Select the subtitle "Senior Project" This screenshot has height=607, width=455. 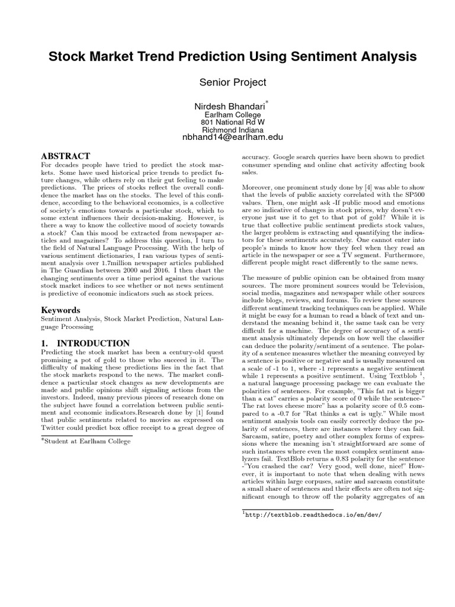(x=227, y=82)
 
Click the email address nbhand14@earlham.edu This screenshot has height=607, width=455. (x=227, y=137)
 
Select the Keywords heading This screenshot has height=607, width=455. (x=60, y=309)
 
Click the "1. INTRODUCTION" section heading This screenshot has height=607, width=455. (x=85, y=343)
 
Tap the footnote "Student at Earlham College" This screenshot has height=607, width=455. (x=86, y=440)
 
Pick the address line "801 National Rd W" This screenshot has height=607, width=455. (x=227, y=122)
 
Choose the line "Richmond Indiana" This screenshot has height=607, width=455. (x=227, y=129)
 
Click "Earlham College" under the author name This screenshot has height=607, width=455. (x=227, y=114)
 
